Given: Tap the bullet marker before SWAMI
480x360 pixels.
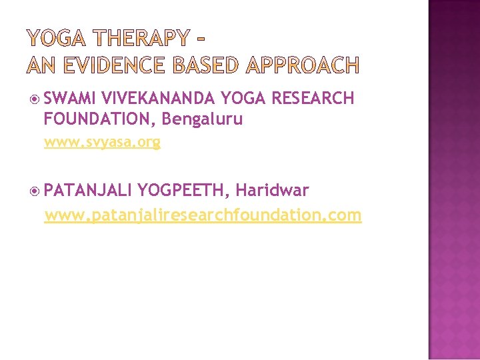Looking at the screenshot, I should coord(35,99).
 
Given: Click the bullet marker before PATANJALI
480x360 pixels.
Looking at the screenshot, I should coord(35,191).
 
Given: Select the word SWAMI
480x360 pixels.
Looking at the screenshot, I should coord(71,99).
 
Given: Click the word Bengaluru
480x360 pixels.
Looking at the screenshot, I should coord(202,119).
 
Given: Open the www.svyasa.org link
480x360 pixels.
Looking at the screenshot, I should coord(102,142).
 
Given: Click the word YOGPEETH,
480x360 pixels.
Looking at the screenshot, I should coord(184,191).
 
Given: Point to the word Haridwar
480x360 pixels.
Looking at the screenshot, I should coord(272,191).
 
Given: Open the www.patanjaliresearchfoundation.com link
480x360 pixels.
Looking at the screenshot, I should coord(203,215).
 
